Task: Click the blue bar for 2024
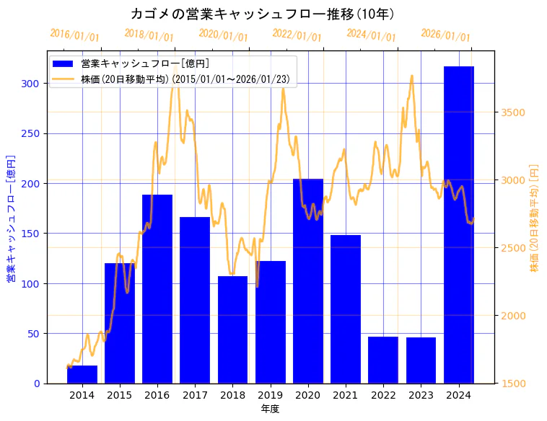coord(458,224)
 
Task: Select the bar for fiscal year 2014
coord(82,374)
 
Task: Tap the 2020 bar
coord(308,281)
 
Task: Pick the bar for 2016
coord(157,288)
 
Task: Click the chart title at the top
coord(262,14)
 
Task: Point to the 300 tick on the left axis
coord(31,84)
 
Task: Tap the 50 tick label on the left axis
coord(34,334)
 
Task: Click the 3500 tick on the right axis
coord(512,112)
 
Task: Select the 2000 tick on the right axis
coord(512,316)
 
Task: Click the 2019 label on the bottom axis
coord(270,394)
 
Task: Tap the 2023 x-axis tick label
coord(421,394)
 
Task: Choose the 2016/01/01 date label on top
coord(75,35)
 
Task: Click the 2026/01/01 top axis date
coord(445,35)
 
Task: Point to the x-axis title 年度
coord(270,409)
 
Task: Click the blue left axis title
coord(11,218)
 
